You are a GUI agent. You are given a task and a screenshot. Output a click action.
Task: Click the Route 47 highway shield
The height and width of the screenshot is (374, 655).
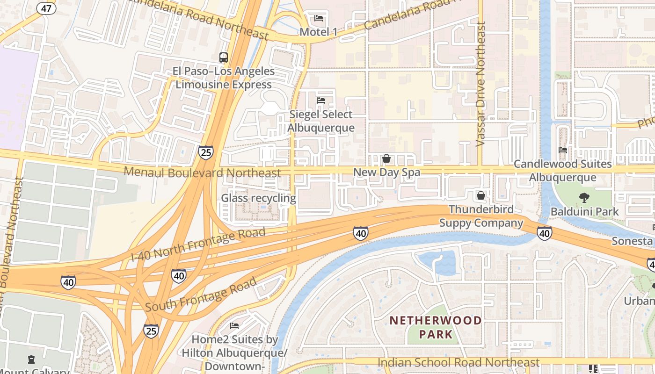pyautogui.click(x=47, y=7)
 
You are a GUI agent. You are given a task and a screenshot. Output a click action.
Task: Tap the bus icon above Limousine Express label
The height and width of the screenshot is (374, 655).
pyautogui.click(x=224, y=58)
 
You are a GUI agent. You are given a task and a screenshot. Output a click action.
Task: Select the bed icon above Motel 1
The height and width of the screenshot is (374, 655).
pyautogui.click(x=319, y=19)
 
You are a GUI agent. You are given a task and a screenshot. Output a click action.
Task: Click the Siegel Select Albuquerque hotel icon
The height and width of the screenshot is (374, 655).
pyautogui.click(x=321, y=101)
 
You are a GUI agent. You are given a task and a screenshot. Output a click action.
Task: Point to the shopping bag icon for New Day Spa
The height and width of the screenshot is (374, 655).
pyautogui.click(x=386, y=158)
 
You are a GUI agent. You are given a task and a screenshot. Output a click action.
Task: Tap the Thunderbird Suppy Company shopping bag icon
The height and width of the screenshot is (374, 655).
pyautogui.click(x=480, y=195)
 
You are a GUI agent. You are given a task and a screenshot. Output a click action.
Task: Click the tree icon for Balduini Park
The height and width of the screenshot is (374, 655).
pyautogui.click(x=584, y=198)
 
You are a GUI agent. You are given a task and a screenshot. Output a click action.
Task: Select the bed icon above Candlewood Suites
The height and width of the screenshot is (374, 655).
pyautogui.click(x=563, y=150)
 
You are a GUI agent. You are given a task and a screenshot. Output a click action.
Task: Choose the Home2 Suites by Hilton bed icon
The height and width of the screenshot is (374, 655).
pyautogui.click(x=234, y=325)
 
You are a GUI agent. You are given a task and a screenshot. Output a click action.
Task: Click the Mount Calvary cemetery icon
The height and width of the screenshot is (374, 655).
pyautogui.click(x=31, y=360)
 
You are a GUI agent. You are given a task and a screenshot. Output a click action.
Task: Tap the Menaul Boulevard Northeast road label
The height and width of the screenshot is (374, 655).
pyautogui.click(x=202, y=173)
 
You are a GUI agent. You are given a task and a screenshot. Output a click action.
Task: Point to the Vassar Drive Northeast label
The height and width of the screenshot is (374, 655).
pyautogui.click(x=480, y=84)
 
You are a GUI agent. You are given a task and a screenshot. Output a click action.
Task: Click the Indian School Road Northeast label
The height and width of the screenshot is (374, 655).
pyautogui.click(x=458, y=362)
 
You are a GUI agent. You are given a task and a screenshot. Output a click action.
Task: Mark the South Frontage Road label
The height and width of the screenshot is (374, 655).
pyautogui.click(x=201, y=295)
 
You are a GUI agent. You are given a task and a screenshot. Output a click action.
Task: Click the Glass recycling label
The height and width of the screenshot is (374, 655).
pyautogui.click(x=258, y=198)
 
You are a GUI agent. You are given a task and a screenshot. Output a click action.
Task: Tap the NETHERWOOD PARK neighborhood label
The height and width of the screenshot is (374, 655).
pyautogui.click(x=436, y=327)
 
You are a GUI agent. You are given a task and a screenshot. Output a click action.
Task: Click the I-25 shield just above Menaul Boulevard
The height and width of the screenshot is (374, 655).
pyautogui.click(x=205, y=152)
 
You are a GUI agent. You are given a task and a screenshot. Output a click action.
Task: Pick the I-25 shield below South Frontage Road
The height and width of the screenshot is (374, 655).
pyautogui.click(x=151, y=331)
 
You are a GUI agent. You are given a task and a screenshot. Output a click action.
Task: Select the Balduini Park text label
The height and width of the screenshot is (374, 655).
pyautogui.click(x=584, y=211)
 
